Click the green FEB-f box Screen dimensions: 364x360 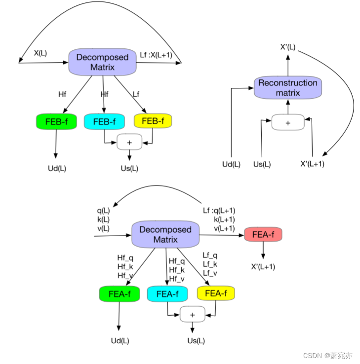pyautogui.click(x=57, y=121)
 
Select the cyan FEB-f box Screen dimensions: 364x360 pyautogui.click(x=105, y=121)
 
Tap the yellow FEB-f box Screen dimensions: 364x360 pyautogui.click(x=153, y=121)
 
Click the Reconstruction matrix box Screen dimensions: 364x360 pyautogui.click(x=288, y=88)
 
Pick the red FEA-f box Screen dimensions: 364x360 pyautogui.click(x=263, y=235)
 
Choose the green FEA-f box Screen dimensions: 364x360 pyautogui.click(x=120, y=294)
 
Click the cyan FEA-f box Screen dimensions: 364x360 pyautogui.click(x=167, y=294)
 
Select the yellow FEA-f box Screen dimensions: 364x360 pyautogui.click(x=215, y=294)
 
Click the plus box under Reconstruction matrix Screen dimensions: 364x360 pyautogui.click(x=288, y=122)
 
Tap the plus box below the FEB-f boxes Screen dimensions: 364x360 pyautogui.click(x=129, y=143)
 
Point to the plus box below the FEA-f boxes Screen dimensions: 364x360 pyautogui.click(x=193, y=314)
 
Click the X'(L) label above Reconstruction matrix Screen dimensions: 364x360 pyautogui.click(x=287, y=47)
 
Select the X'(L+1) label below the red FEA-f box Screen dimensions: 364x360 pyautogui.click(x=263, y=267)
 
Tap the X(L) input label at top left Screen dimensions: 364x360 pyautogui.click(x=40, y=53)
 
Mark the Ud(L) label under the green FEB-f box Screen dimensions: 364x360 pyautogui.click(x=57, y=168)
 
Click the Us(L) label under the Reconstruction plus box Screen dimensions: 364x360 pyautogui.click(x=262, y=164)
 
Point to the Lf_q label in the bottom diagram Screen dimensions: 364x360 pyautogui.click(x=210, y=255)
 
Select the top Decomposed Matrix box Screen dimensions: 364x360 pyautogui.click(x=102, y=62)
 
